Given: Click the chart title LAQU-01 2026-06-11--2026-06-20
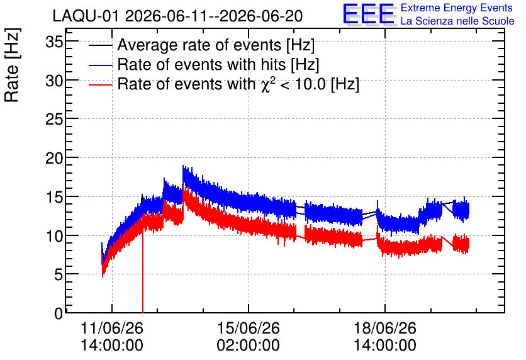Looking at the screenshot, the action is coord(177,16).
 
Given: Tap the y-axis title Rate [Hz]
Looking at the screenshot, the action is coord(12,65).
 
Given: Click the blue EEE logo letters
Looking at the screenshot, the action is coord(368,14).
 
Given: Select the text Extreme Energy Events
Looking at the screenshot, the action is coord(457,8).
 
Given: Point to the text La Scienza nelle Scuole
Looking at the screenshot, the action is coord(457,21).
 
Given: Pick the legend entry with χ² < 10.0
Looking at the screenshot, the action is coord(238,84).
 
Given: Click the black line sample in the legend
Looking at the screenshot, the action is coord(100,45).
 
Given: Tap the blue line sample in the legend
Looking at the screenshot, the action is coord(100,65).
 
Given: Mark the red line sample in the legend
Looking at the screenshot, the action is coord(100,84).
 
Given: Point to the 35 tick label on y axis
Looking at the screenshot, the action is coord(54,42).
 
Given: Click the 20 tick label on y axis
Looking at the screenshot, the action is coord(54,159).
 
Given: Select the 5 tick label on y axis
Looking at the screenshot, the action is coord(59,275).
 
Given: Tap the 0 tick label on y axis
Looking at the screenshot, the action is coord(59,313).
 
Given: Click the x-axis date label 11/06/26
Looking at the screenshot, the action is coord(112,328).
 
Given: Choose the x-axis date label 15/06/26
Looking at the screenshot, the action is coord(249,328).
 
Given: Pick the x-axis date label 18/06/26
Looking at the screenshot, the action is coord(385,328).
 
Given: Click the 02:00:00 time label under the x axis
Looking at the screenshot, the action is coord(249,345).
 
